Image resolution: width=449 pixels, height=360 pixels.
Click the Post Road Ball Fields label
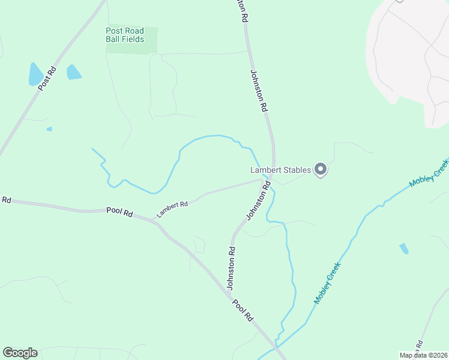click(125, 35)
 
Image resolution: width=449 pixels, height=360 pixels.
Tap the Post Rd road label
click(47, 77)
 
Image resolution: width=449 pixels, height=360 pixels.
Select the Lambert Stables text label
click(280, 170)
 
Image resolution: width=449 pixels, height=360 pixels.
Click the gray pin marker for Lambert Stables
click(321, 170)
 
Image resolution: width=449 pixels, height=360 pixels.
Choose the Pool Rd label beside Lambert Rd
click(119, 211)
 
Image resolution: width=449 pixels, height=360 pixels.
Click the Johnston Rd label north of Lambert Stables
click(259, 91)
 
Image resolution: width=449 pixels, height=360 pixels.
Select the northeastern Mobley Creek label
click(429, 173)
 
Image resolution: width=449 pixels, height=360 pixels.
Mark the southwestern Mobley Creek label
click(327, 282)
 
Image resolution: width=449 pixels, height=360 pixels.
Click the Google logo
click(20, 353)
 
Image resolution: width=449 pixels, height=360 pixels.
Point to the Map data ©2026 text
click(423, 355)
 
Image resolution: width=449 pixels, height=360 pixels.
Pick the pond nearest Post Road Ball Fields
click(73, 72)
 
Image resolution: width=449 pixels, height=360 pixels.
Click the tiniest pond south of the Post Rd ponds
click(49, 128)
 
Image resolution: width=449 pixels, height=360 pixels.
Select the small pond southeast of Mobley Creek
click(404, 248)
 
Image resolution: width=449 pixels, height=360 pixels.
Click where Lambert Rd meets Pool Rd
click(155, 223)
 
